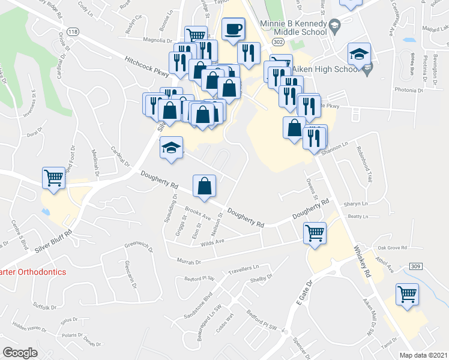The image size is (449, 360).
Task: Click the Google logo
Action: (x=20, y=353)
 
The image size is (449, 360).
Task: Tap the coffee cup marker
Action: (x=233, y=29)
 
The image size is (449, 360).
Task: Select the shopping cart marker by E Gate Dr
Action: (x=315, y=233)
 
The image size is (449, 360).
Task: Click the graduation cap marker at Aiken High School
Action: (x=359, y=55)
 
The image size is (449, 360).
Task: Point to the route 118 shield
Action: (x=73, y=31)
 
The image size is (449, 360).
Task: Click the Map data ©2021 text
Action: (x=423, y=355)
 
